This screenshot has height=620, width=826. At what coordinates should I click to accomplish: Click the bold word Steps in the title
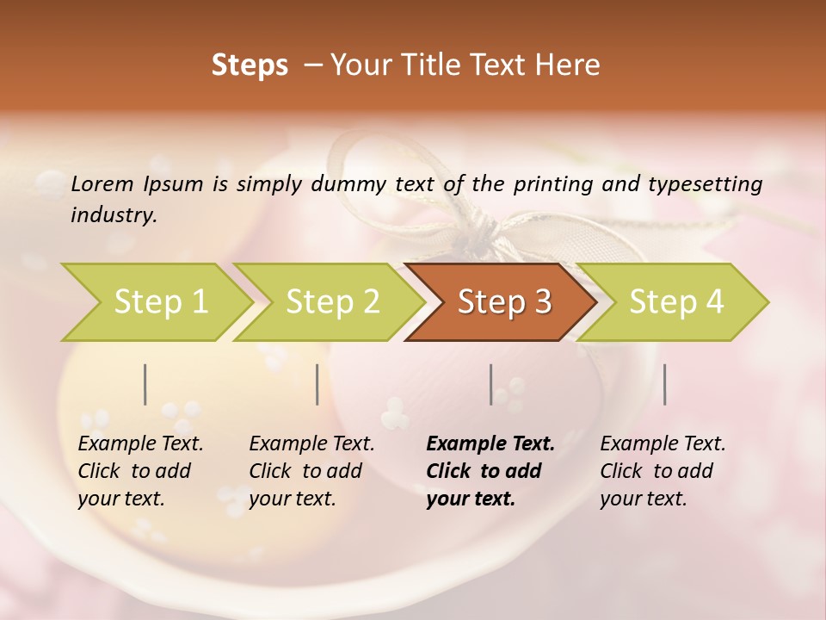(250, 65)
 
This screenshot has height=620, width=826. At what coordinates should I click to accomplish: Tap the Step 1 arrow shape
(160, 301)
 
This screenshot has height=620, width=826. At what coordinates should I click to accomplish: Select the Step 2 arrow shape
(332, 301)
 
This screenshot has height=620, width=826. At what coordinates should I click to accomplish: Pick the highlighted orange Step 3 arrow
(504, 301)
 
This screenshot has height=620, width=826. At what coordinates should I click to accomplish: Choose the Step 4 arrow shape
(676, 301)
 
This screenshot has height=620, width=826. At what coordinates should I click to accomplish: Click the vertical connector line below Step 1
(145, 384)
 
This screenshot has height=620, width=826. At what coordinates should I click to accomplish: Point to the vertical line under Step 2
(317, 384)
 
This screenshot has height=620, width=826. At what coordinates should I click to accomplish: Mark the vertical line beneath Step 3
(491, 384)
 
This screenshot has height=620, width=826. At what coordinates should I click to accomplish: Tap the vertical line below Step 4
(665, 384)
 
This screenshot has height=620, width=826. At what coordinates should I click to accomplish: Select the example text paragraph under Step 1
(140, 471)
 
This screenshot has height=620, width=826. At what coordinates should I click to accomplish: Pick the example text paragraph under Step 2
(311, 471)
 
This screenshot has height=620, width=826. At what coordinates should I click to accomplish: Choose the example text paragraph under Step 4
(663, 471)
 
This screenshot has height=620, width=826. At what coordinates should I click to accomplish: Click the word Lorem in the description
(102, 183)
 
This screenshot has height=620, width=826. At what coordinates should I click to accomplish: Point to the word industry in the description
(114, 214)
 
